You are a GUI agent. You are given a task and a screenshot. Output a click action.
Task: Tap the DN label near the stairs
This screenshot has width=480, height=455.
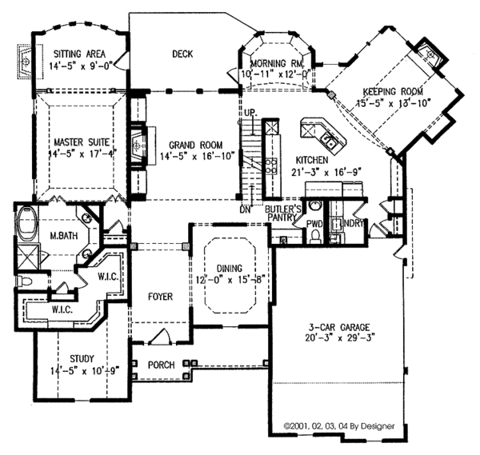pos(245,210)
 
